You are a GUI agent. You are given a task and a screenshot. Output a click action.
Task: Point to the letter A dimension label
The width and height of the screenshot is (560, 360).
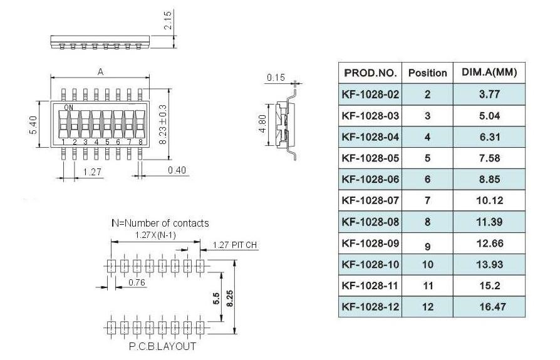tap(100, 72)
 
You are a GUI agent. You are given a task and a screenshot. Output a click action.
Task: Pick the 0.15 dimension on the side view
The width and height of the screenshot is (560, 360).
tap(275, 78)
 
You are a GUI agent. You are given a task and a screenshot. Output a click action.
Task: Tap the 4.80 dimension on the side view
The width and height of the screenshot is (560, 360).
tap(264, 124)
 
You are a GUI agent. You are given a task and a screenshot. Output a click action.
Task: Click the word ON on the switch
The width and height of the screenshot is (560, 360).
tap(68, 108)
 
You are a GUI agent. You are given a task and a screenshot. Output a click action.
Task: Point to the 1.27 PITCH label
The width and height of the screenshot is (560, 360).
tap(236, 245)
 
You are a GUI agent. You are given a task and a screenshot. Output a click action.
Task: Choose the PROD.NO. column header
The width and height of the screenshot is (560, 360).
tap(370, 73)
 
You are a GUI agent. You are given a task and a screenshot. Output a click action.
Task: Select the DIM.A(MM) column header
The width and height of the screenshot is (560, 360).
tap(489, 73)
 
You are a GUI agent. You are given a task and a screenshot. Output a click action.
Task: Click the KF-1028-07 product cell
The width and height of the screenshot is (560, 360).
tap(370, 200)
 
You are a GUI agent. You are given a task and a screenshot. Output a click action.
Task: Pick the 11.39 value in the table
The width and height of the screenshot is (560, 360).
tap(489, 222)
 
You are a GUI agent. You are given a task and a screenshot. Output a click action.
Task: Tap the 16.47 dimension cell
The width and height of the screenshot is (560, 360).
tap(489, 307)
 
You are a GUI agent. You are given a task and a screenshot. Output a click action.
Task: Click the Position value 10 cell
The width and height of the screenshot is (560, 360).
tap(427, 264)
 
